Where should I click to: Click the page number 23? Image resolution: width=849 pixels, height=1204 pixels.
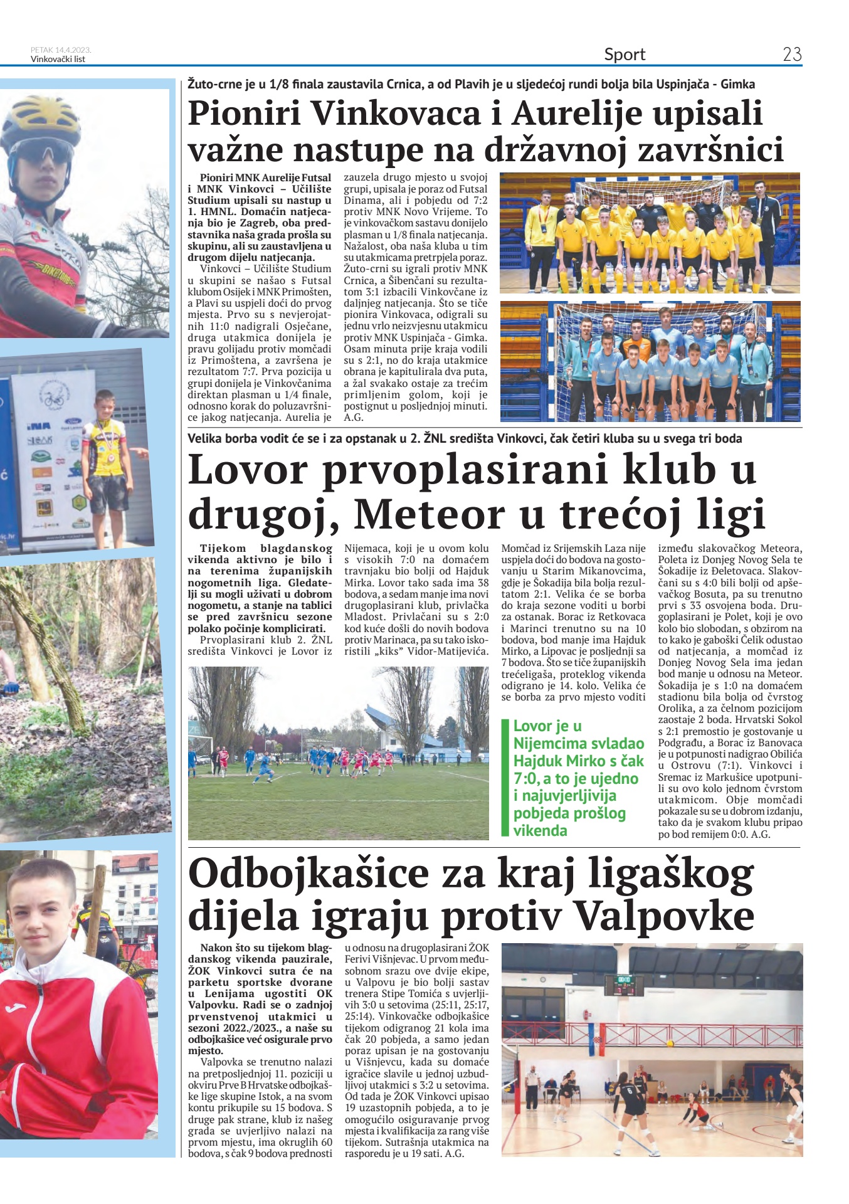(792, 55)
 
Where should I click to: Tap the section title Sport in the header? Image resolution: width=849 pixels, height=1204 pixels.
(625, 55)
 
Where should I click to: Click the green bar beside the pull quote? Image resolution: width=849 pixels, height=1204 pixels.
(505, 778)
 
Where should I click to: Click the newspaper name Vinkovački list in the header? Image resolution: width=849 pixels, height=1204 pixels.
(58, 60)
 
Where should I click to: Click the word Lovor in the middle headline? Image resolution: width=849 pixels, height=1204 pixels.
(244, 470)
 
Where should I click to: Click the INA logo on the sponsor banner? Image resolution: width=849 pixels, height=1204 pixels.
(35, 426)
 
